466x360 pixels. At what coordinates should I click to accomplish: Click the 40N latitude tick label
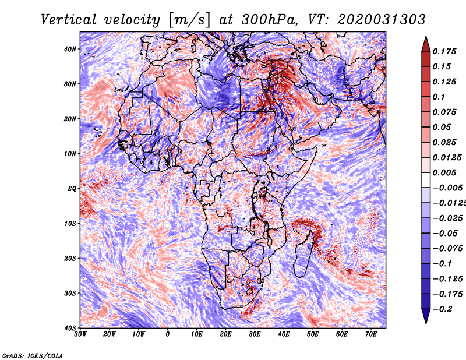[70, 49]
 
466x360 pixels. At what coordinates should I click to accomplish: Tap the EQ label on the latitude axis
[72, 189]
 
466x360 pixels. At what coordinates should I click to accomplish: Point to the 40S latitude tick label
[70, 328]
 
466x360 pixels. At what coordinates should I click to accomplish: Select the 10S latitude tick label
[70, 223]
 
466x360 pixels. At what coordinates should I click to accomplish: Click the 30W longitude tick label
[80, 334]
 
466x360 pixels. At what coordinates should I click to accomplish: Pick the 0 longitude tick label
[168, 334]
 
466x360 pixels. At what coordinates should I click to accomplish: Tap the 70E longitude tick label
[371, 334]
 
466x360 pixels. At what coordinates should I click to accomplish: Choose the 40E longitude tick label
[284, 334]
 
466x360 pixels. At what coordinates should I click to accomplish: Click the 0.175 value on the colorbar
[444, 52]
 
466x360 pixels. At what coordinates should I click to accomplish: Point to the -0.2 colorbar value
[443, 309]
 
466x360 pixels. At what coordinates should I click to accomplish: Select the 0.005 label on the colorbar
[444, 172]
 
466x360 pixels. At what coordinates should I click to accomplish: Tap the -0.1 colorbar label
[443, 264]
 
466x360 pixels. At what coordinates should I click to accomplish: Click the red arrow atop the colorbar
[426, 44]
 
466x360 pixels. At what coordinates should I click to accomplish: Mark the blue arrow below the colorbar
[426, 316]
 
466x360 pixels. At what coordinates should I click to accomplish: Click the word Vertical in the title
[68, 20]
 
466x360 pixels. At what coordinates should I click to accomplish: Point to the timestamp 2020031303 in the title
[382, 20]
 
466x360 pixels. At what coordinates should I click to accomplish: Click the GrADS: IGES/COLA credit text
[33, 355]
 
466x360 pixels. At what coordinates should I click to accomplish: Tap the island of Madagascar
[303, 254]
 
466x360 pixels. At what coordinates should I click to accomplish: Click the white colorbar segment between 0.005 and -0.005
[426, 180]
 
